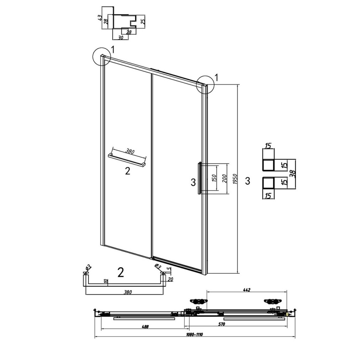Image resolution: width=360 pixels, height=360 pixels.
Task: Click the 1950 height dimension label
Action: [x=234, y=179]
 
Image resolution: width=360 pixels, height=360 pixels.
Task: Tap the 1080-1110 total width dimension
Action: [x=194, y=334]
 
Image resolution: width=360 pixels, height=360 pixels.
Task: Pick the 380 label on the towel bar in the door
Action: [x=130, y=151]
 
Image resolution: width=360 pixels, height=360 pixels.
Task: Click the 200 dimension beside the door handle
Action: [x=225, y=179]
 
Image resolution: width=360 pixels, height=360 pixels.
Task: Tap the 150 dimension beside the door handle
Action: [x=214, y=179]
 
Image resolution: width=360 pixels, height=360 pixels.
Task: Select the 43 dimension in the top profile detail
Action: [x=100, y=18]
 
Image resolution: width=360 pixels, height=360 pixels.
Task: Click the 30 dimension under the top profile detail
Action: [x=121, y=37]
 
